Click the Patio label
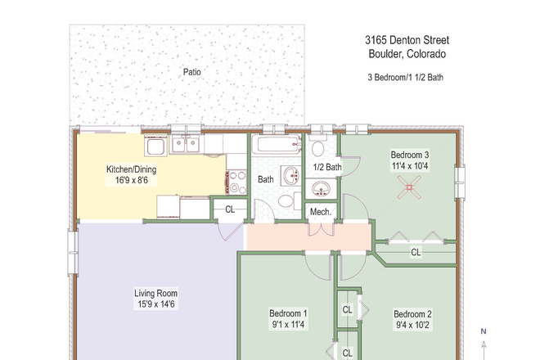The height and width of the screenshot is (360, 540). pyautogui.click(x=192, y=72)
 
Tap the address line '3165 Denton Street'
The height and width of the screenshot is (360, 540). pyautogui.click(x=407, y=40)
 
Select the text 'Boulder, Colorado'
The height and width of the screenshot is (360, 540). pyautogui.click(x=407, y=55)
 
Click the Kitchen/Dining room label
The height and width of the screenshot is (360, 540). pyautogui.click(x=131, y=170)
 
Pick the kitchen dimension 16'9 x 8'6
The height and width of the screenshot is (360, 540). pyautogui.click(x=131, y=182)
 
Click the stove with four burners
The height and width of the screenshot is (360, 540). pyautogui.click(x=237, y=178)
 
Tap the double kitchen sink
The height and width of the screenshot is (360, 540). pyautogui.click(x=186, y=146)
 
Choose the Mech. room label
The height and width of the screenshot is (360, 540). pyautogui.click(x=320, y=212)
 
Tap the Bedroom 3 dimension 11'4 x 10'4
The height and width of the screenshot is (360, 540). pyautogui.click(x=409, y=166)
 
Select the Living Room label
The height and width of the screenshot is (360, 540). pyautogui.click(x=155, y=293)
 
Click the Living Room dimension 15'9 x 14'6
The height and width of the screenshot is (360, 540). pyautogui.click(x=155, y=305)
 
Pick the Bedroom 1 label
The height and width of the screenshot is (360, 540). pyautogui.click(x=288, y=313)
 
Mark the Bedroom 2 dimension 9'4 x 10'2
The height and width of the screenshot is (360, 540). pyautogui.click(x=412, y=326)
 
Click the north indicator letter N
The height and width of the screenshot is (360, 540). pyautogui.click(x=484, y=331)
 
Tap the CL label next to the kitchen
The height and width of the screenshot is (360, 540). pyautogui.click(x=230, y=209)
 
